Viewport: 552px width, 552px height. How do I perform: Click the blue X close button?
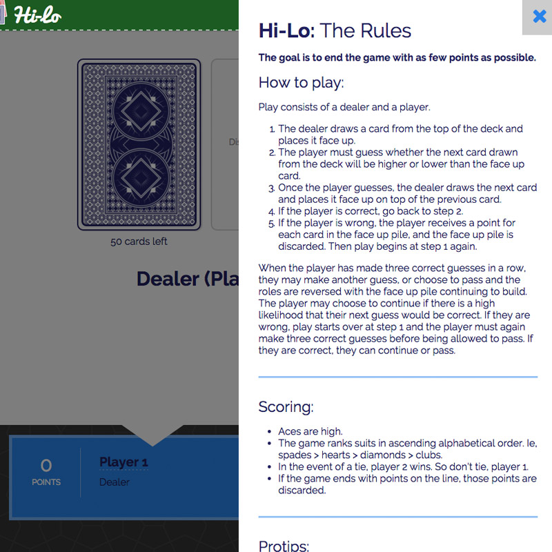pos(540,16)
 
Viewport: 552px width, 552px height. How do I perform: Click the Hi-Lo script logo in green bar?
pos(37,15)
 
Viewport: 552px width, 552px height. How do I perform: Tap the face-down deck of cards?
pos(139,144)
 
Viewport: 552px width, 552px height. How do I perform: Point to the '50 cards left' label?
pos(139,241)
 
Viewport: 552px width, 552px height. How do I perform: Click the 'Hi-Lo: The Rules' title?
pos(335,30)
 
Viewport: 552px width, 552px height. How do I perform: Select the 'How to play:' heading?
pos(301,83)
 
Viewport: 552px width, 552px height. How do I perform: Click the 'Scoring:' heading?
pos(286,406)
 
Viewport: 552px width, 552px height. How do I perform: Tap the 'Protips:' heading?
pos(284,546)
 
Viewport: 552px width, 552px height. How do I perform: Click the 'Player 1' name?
pos(124,462)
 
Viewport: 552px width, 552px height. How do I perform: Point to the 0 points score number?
pos(46,465)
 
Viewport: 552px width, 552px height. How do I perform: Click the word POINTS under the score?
pos(46,482)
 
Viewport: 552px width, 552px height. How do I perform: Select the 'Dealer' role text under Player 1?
pos(115,482)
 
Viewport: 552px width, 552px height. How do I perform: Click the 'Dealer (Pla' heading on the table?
pos(187,279)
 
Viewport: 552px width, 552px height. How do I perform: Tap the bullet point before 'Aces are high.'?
pos(269,432)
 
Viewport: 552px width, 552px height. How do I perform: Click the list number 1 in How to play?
pos(272,129)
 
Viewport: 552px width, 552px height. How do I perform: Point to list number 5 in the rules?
pos(271,224)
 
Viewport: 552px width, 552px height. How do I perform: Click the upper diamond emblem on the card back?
pos(141,111)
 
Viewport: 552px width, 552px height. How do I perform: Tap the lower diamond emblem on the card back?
pos(141,178)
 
